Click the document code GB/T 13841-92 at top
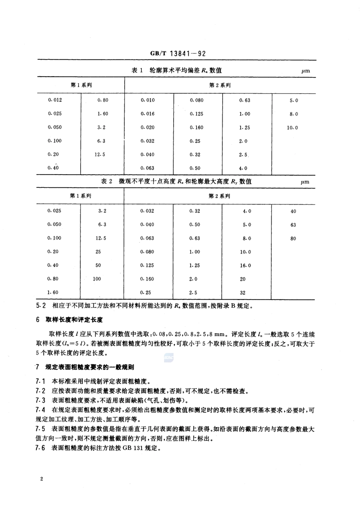(x=178, y=54)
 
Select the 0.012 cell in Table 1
(x=55, y=100)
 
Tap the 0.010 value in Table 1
(x=148, y=100)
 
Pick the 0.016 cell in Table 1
(x=148, y=114)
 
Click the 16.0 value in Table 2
(x=245, y=265)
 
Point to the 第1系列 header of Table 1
(x=81, y=85)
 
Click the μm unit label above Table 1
(x=305, y=71)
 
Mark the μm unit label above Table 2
(x=305, y=182)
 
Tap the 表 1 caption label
(x=136, y=70)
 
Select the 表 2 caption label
(x=106, y=181)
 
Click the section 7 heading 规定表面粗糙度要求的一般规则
(x=89, y=367)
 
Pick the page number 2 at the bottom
(x=41, y=479)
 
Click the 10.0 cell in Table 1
(x=292, y=128)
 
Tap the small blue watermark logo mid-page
(x=168, y=357)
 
